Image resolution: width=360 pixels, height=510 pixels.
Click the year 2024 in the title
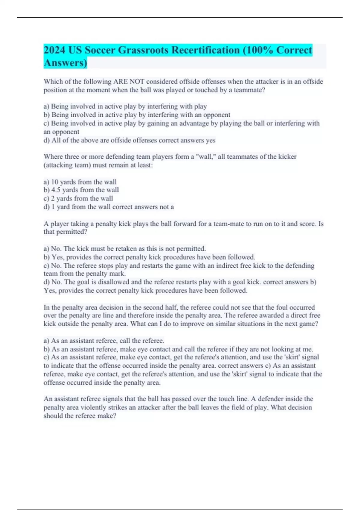[x=54, y=50]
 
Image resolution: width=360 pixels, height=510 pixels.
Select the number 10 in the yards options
[x=55, y=182]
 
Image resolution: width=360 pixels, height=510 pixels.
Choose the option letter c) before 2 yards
[x=46, y=198]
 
